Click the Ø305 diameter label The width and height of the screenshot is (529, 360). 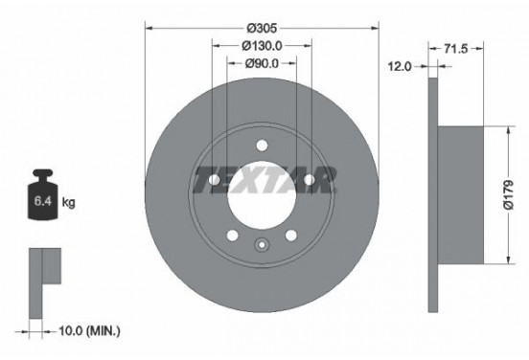262,29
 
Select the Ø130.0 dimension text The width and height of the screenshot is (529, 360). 262,46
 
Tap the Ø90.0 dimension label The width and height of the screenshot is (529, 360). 262,63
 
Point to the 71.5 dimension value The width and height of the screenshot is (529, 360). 456,49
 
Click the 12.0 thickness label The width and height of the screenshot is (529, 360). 400,67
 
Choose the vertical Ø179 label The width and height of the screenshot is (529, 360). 509,194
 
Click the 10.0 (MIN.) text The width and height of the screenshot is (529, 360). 89,331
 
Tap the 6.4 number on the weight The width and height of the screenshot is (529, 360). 43,202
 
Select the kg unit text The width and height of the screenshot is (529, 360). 68,203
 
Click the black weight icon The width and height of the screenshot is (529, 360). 43,195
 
